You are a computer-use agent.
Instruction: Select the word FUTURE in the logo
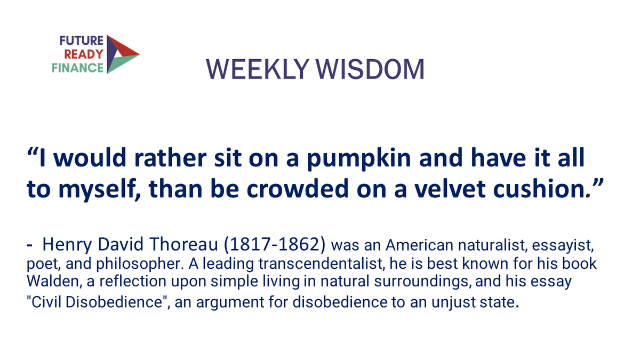click(82, 42)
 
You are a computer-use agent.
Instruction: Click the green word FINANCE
click(78, 68)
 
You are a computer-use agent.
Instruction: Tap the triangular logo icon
click(121, 54)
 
